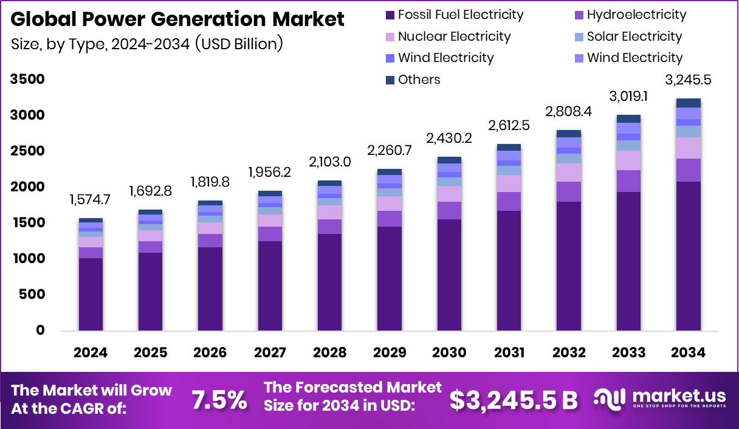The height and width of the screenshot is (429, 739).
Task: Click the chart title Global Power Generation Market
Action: click(177, 19)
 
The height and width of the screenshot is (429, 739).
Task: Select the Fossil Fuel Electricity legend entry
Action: click(460, 15)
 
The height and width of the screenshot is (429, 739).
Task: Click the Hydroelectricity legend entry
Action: click(636, 15)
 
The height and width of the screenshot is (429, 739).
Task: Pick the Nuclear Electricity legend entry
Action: click(454, 36)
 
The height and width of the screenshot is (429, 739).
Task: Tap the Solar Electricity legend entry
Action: click(634, 36)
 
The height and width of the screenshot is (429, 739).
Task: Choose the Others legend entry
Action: click(419, 80)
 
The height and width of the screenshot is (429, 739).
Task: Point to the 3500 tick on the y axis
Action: click(27, 80)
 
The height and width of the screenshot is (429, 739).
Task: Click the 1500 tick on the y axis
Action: click(27, 223)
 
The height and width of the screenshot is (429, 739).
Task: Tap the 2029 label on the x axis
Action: click(389, 353)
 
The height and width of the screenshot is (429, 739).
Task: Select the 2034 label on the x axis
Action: click(688, 353)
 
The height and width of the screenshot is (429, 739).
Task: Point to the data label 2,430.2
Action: click(449, 138)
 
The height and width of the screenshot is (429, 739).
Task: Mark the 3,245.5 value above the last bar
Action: click(688, 81)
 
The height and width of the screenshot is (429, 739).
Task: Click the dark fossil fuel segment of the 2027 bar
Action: click(270, 286)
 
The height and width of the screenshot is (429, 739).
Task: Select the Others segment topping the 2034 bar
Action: click(688, 103)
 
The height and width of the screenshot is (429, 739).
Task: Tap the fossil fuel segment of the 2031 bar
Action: click(509, 270)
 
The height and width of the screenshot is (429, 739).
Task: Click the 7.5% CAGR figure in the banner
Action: click(219, 400)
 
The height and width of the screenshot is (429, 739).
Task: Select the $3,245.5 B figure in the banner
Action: click(514, 400)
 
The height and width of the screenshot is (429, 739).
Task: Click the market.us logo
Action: click(661, 399)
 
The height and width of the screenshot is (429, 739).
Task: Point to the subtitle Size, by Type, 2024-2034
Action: click(147, 44)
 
